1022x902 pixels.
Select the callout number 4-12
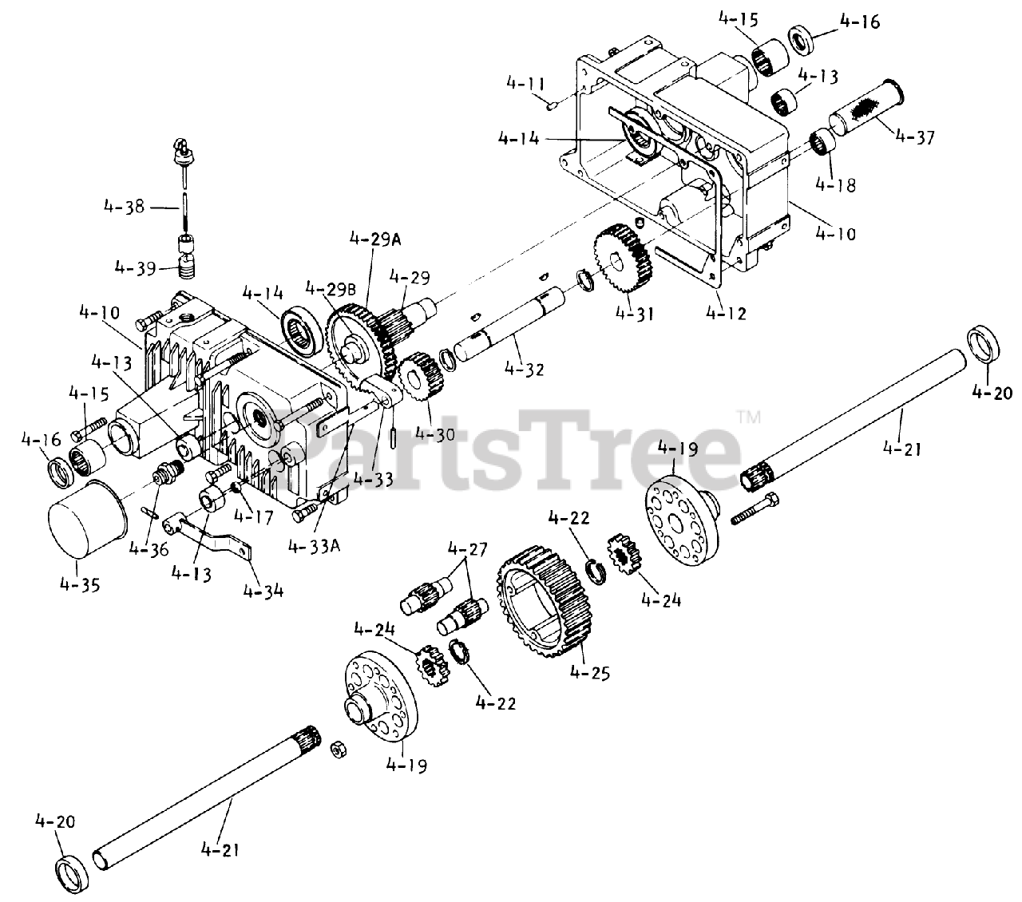tap(727, 314)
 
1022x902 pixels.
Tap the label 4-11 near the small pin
tap(526, 83)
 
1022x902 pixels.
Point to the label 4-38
tap(124, 206)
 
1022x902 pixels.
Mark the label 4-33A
tap(313, 548)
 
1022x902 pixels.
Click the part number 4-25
tap(590, 672)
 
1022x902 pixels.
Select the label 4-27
tap(467, 549)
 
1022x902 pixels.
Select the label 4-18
tap(836, 184)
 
